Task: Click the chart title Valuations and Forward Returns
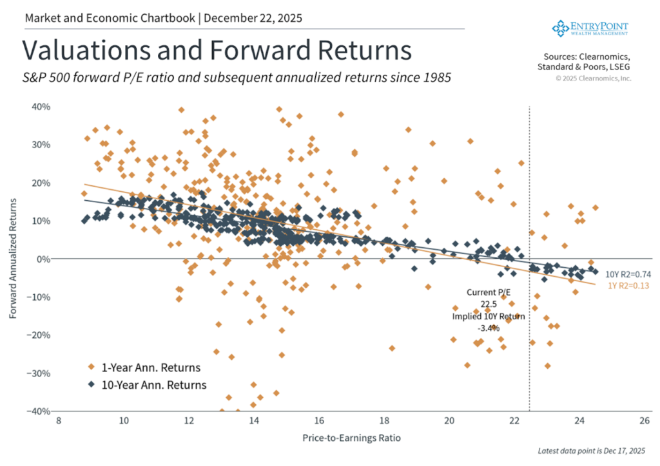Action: (x=217, y=51)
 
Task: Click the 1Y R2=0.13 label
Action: (x=621, y=284)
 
